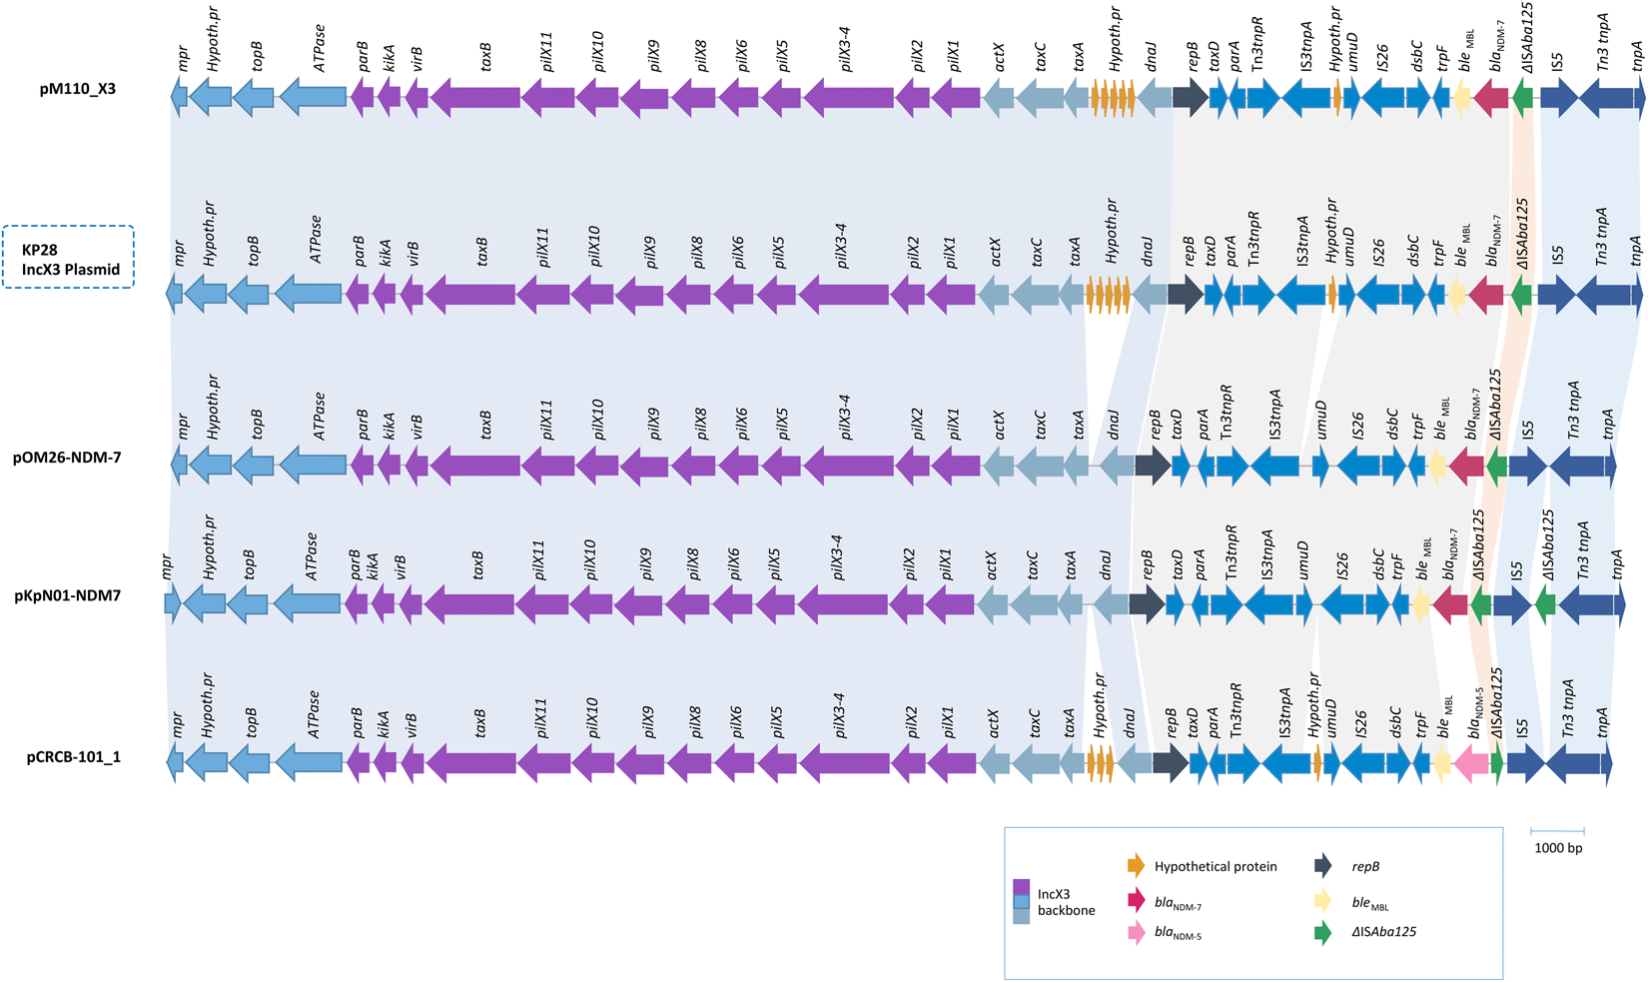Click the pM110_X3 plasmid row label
point(77,89)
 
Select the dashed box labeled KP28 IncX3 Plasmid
point(68,258)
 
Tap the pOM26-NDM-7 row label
point(67,458)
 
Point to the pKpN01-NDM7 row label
point(68,596)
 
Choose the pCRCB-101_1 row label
point(73,756)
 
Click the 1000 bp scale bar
point(1557,831)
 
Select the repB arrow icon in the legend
point(1322,866)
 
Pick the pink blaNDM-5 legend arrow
point(1136,933)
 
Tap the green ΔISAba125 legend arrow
point(1322,933)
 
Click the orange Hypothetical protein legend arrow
point(1136,866)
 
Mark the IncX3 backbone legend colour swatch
point(1021,901)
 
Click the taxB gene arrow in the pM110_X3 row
point(474,97)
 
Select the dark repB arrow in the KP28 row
point(1185,295)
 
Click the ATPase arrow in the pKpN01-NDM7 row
point(308,603)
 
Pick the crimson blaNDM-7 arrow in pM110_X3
point(1490,97)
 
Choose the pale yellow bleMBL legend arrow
point(1322,900)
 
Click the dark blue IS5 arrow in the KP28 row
point(1556,295)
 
